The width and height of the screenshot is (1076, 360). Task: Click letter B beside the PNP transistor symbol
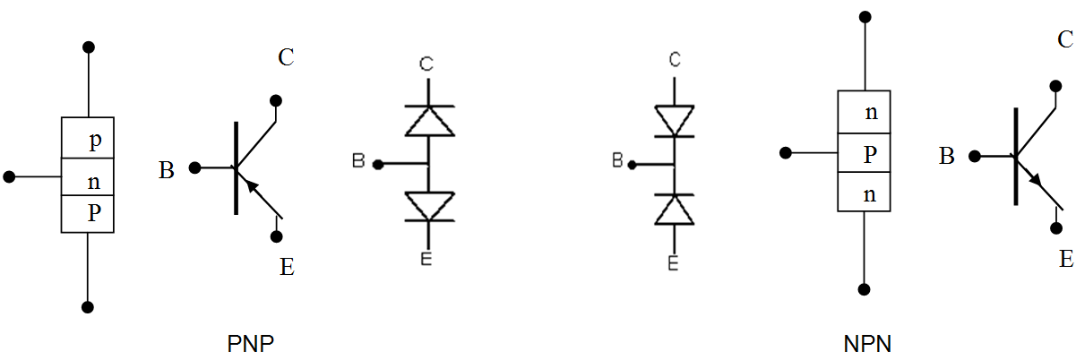pyautogui.click(x=166, y=170)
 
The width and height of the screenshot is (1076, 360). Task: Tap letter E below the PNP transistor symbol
pyautogui.click(x=287, y=266)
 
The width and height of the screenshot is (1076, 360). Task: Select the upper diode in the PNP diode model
pyautogui.click(x=429, y=121)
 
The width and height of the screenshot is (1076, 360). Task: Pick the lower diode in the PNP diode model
pyautogui.click(x=429, y=207)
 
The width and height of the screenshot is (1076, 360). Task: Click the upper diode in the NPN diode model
pyautogui.click(x=674, y=121)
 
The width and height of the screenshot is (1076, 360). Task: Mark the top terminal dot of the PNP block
pyautogui.click(x=88, y=47)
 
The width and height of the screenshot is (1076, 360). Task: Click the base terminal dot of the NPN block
pyautogui.click(x=786, y=153)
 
